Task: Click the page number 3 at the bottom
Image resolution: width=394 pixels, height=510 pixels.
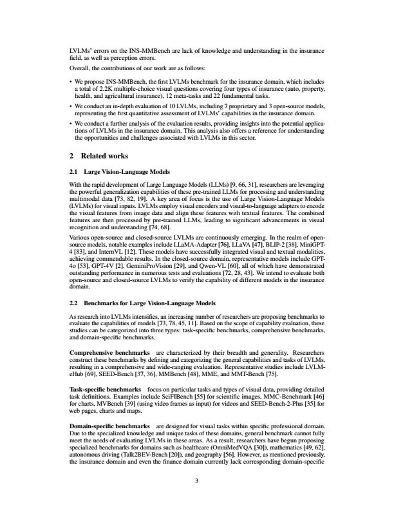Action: tap(197, 478)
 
